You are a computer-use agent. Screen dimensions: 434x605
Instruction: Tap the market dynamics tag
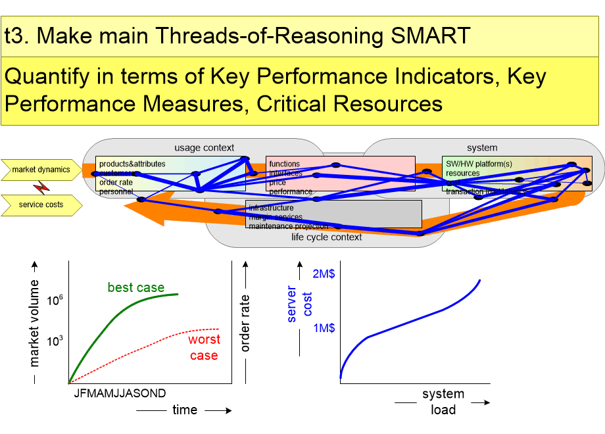coord(41,170)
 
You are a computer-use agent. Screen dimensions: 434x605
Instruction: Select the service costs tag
coord(41,205)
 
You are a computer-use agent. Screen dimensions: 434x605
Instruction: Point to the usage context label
coord(204,147)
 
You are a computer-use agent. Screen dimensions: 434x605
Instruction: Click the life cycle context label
coord(326,237)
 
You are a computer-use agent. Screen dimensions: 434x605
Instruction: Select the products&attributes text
coord(132,164)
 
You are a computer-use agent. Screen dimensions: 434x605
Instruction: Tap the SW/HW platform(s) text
coord(478,164)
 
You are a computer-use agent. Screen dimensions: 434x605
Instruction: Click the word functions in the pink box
coord(284,164)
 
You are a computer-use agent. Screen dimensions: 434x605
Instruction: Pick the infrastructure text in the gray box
coord(272,208)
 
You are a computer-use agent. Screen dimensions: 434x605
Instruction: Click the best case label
coord(136,287)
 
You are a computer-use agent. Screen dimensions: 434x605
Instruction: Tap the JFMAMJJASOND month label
coord(116,393)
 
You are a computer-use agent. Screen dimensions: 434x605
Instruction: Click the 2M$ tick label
coord(324,274)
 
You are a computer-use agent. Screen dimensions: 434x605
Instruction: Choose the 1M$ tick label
coord(324,328)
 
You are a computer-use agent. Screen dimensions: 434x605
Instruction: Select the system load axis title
coord(443,402)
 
